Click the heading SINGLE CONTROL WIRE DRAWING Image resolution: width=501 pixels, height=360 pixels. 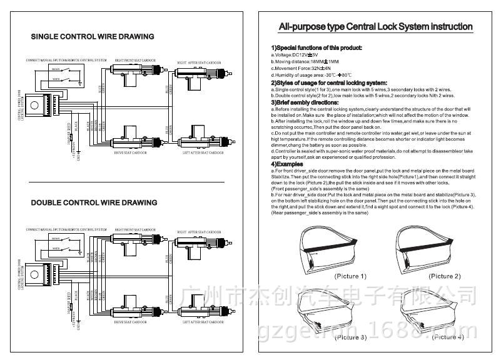(92, 37)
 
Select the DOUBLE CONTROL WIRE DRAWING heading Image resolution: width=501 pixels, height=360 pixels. (94, 202)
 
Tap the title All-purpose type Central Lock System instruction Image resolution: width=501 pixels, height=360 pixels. (375, 27)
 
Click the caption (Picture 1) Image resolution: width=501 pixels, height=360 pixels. (350, 276)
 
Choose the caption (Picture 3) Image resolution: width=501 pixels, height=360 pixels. (350, 337)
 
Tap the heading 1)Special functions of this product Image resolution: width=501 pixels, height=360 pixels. (316, 48)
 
